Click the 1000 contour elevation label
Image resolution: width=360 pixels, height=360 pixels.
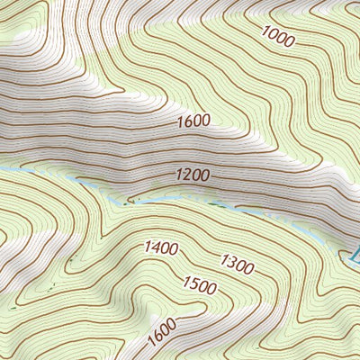pos(279,37)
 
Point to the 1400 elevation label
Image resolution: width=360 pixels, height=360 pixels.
pos(159,247)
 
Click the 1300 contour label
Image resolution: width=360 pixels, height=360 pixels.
pos(237,264)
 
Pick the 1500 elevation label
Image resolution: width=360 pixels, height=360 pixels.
pos(199,286)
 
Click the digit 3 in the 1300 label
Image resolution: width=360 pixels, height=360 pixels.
pos(232,262)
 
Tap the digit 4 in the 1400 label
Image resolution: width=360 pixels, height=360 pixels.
pos(154,247)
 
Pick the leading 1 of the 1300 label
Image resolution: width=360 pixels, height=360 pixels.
pos(223,258)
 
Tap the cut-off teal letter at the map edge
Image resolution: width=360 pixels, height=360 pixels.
pos(355,255)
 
